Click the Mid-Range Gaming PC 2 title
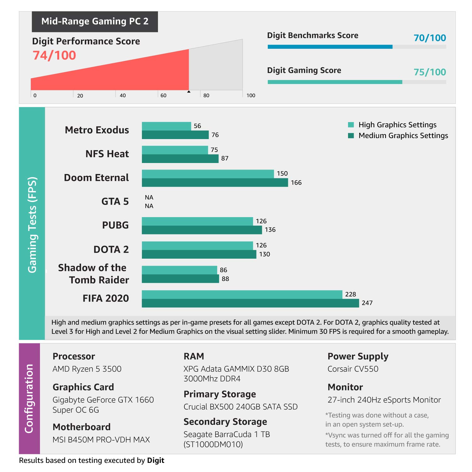click(x=95, y=21)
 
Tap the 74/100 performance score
click(x=54, y=55)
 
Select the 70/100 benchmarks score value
click(x=430, y=38)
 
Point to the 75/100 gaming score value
click(x=430, y=72)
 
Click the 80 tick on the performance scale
click(x=206, y=95)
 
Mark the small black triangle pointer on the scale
click(x=189, y=92)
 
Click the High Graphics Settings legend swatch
click(x=351, y=125)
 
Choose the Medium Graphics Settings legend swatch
click(x=351, y=136)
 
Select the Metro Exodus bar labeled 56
click(x=166, y=126)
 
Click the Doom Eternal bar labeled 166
click(x=215, y=183)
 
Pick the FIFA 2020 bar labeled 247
click(x=250, y=303)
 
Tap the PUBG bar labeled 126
click(x=197, y=221)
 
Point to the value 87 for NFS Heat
click(x=225, y=158)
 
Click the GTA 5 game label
click(x=115, y=201)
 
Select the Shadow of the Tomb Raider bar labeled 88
click(x=180, y=279)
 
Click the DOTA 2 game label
click(x=111, y=250)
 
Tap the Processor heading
click(x=74, y=356)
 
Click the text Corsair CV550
click(x=353, y=369)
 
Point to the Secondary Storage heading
click(x=225, y=422)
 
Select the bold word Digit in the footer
click(x=155, y=460)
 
